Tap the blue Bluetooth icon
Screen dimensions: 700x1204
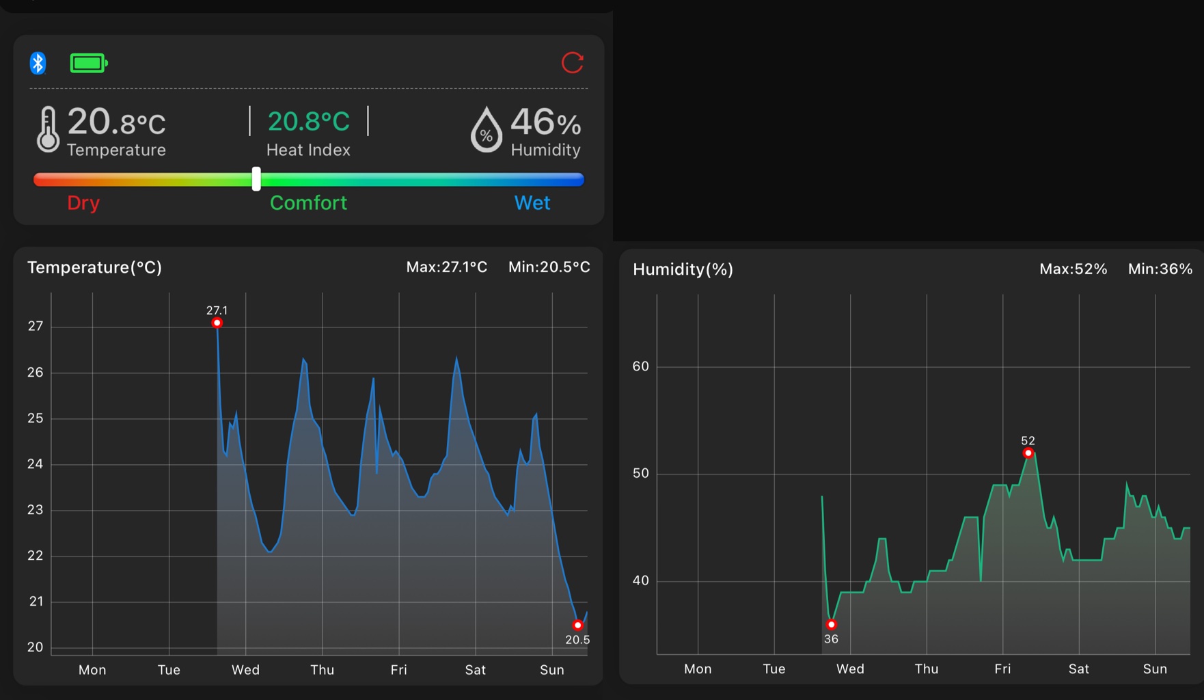click(x=38, y=64)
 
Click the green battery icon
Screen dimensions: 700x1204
click(x=88, y=64)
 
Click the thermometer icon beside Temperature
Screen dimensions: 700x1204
click(x=48, y=129)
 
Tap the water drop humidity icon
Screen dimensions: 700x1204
click(x=486, y=130)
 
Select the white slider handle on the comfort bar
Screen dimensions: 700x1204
click(x=256, y=179)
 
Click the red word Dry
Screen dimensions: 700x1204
click(x=83, y=203)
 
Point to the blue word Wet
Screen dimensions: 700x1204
click(x=532, y=203)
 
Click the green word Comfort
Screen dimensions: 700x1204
click(x=308, y=203)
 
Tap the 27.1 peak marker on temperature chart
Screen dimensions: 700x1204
click(x=217, y=323)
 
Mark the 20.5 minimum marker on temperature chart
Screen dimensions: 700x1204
click(x=577, y=625)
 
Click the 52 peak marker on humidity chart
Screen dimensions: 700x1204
click(x=1028, y=453)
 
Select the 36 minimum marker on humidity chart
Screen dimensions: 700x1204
click(x=831, y=625)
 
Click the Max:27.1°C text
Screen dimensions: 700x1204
click(x=447, y=267)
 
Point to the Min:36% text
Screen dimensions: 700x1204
click(x=1160, y=269)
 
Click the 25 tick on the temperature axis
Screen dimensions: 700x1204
click(x=36, y=418)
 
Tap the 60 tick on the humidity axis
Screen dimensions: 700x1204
click(x=640, y=366)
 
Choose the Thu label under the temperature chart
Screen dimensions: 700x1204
click(x=322, y=670)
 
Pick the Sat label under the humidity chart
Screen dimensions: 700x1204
click(x=1078, y=669)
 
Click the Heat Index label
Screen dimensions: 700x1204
click(x=308, y=150)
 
